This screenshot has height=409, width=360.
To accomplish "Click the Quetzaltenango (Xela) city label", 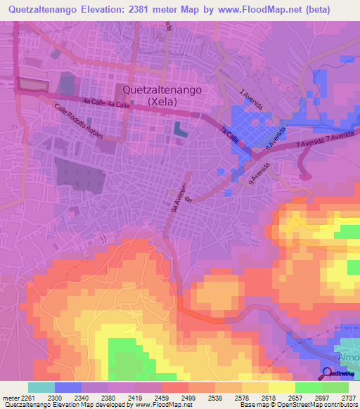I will (162, 95).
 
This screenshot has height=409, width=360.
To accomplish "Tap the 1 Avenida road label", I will (251, 99).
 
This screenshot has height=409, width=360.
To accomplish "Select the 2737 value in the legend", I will (348, 398).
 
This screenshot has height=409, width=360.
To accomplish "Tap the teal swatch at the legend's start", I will (41, 387).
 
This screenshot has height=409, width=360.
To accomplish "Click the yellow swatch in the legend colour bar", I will (281, 387).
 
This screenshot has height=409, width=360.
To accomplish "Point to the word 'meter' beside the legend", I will (9, 398).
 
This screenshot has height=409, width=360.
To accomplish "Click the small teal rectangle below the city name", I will (181, 130).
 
